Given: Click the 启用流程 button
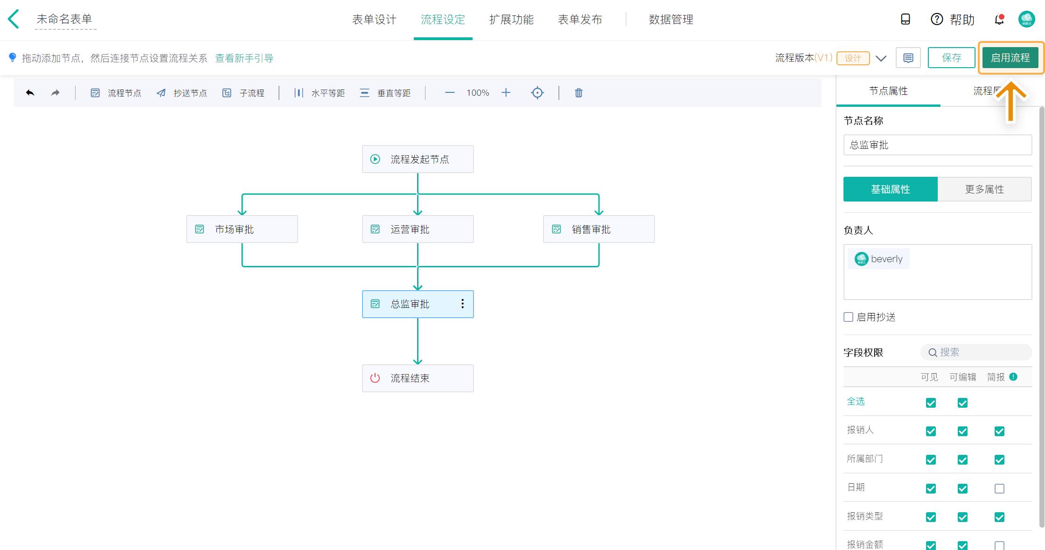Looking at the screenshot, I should coord(1010,58).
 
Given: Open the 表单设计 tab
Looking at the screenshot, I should coord(374,20).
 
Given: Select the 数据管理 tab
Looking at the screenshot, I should coord(670,20).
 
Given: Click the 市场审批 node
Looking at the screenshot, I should coord(242,229).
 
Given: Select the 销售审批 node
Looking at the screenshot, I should coord(599,229).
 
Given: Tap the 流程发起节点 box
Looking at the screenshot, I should coord(418,159).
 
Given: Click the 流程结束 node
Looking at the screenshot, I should coord(418,378).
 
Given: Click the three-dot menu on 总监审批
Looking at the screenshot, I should coord(462,304).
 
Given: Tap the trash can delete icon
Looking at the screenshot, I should coord(578,93).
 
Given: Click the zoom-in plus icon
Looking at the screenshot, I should coord(506,93).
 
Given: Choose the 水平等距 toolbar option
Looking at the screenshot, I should coord(320,93).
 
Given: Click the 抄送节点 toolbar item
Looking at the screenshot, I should coord(182,93).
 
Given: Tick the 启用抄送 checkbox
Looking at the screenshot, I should coord(849,317).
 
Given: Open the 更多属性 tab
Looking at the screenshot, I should coord(984,189).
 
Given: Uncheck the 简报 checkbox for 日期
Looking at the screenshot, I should coord(999,488).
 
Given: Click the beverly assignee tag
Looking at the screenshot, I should coord(879,259).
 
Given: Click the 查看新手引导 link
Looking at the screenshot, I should coord(244,58).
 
